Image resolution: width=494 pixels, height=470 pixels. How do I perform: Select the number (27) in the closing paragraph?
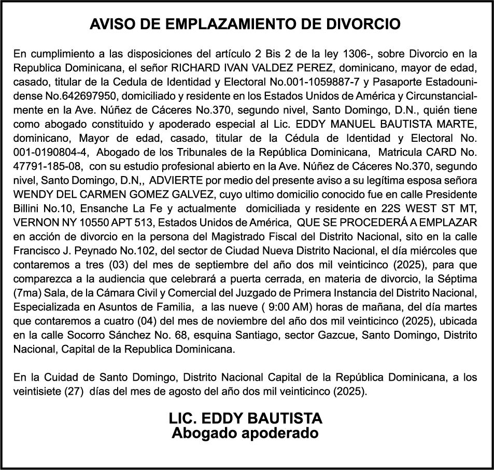(x=75, y=390)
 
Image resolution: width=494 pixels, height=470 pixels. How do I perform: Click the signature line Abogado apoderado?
(x=245, y=433)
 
